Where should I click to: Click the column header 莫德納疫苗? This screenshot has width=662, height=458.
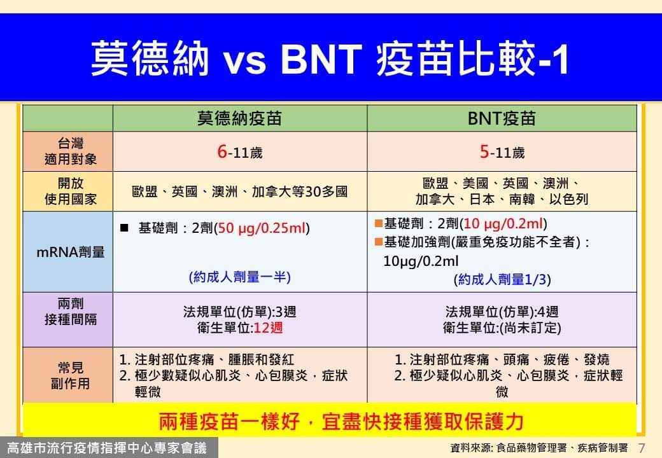239,118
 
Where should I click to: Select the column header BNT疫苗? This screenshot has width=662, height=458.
502,118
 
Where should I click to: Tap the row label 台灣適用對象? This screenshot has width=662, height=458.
71,151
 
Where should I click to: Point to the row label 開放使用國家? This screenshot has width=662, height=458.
71,191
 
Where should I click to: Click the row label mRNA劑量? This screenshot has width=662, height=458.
71,252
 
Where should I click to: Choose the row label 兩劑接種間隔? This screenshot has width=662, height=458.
71,311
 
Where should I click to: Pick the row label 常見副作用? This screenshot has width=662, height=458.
71,375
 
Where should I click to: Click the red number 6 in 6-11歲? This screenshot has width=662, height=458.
222,151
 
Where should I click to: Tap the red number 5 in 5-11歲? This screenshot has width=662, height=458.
484,151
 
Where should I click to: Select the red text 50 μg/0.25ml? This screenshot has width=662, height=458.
262,228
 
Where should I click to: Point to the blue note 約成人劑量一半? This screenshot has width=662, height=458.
240,277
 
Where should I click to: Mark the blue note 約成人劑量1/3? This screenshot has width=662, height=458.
502,279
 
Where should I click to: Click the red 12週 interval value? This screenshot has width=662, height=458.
268,328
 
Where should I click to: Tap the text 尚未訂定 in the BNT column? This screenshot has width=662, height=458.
530,328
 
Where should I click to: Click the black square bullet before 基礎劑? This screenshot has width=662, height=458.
124,228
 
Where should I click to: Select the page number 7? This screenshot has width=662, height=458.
642,447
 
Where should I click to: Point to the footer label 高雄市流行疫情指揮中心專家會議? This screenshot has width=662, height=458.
107,448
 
